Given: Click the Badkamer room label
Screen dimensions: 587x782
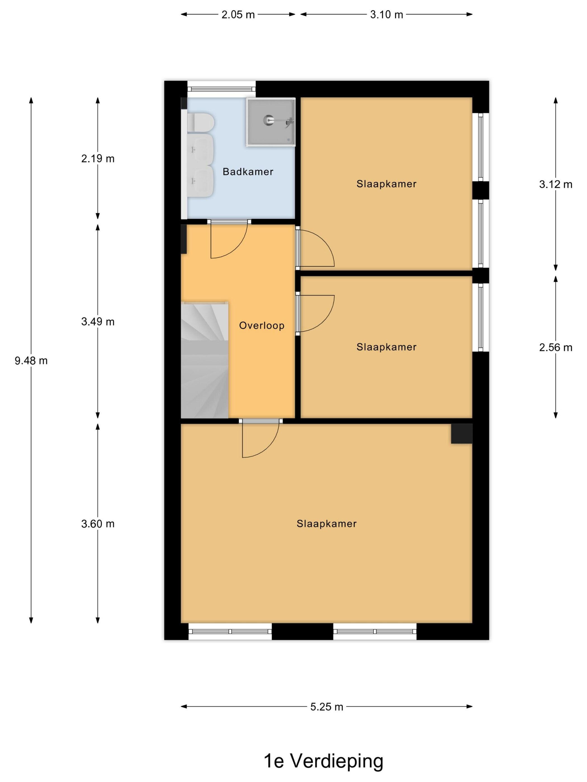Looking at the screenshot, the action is tap(248, 172).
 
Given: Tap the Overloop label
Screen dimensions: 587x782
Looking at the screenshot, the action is tap(261, 326).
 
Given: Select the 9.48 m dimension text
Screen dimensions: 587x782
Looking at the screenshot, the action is tap(31, 361).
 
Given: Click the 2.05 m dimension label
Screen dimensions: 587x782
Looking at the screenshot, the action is tap(238, 15).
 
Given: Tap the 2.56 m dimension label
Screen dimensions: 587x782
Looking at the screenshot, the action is tap(555, 347).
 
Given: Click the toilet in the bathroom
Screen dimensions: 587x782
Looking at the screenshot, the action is tap(200, 122).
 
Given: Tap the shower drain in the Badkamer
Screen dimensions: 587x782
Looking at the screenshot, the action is tap(269, 120).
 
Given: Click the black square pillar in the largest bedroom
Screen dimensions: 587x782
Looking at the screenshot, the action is tap(461, 433).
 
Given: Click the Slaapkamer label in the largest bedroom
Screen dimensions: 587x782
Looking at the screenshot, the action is tap(326, 524).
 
